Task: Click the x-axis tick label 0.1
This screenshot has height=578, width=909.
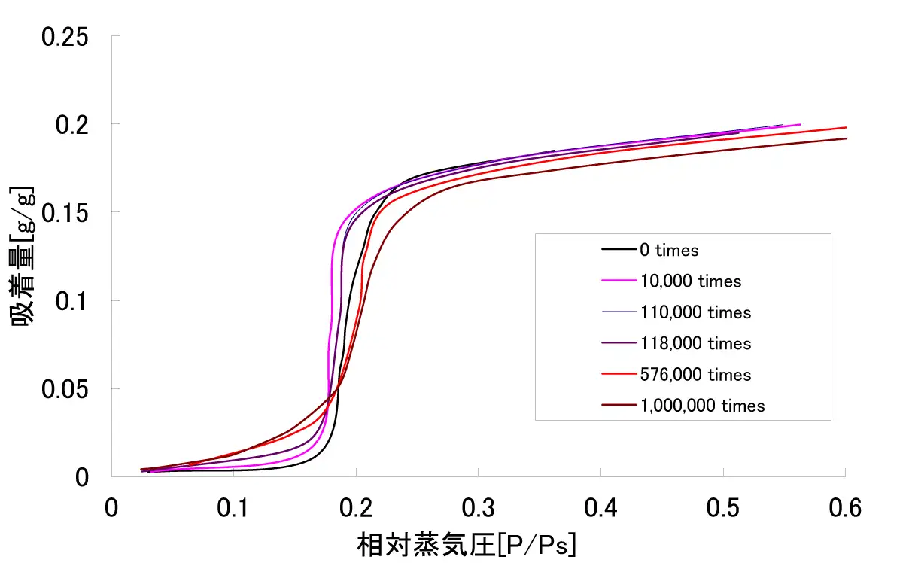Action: tap(234, 509)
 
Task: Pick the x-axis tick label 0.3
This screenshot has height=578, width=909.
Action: tap(479, 509)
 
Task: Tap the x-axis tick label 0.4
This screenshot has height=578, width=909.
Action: tap(600, 509)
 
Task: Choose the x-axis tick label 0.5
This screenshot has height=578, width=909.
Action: tap(723, 509)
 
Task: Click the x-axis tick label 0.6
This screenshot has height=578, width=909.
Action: tap(845, 509)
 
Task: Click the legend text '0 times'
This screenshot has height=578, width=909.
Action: tap(669, 251)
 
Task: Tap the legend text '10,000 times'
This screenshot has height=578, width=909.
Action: tap(691, 281)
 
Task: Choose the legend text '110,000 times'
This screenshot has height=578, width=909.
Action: tap(695, 312)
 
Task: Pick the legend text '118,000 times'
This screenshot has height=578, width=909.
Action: tap(695, 344)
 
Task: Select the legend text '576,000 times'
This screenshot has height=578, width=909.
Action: tap(695, 375)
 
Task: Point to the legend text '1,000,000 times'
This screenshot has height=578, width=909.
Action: tap(702, 406)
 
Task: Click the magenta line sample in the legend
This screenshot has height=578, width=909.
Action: tap(619, 281)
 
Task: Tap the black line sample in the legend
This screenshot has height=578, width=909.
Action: tap(619, 250)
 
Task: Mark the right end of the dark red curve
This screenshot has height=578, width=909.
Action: tap(846, 138)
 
